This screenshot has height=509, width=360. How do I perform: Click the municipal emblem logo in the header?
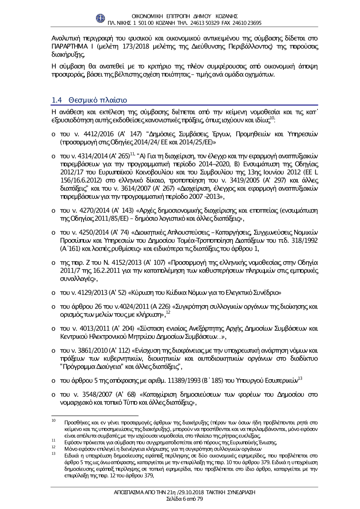[100, 19]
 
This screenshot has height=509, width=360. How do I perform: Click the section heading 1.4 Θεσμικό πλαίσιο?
[89, 100]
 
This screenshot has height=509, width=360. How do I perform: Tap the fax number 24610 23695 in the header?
[247, 23]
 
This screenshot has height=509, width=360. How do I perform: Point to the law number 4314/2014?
[92, 156]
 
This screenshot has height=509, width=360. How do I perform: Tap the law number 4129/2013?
[92, 292]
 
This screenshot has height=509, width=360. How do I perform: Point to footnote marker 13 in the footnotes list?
[53, 454]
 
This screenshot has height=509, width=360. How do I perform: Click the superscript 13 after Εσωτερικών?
[300, 378]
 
